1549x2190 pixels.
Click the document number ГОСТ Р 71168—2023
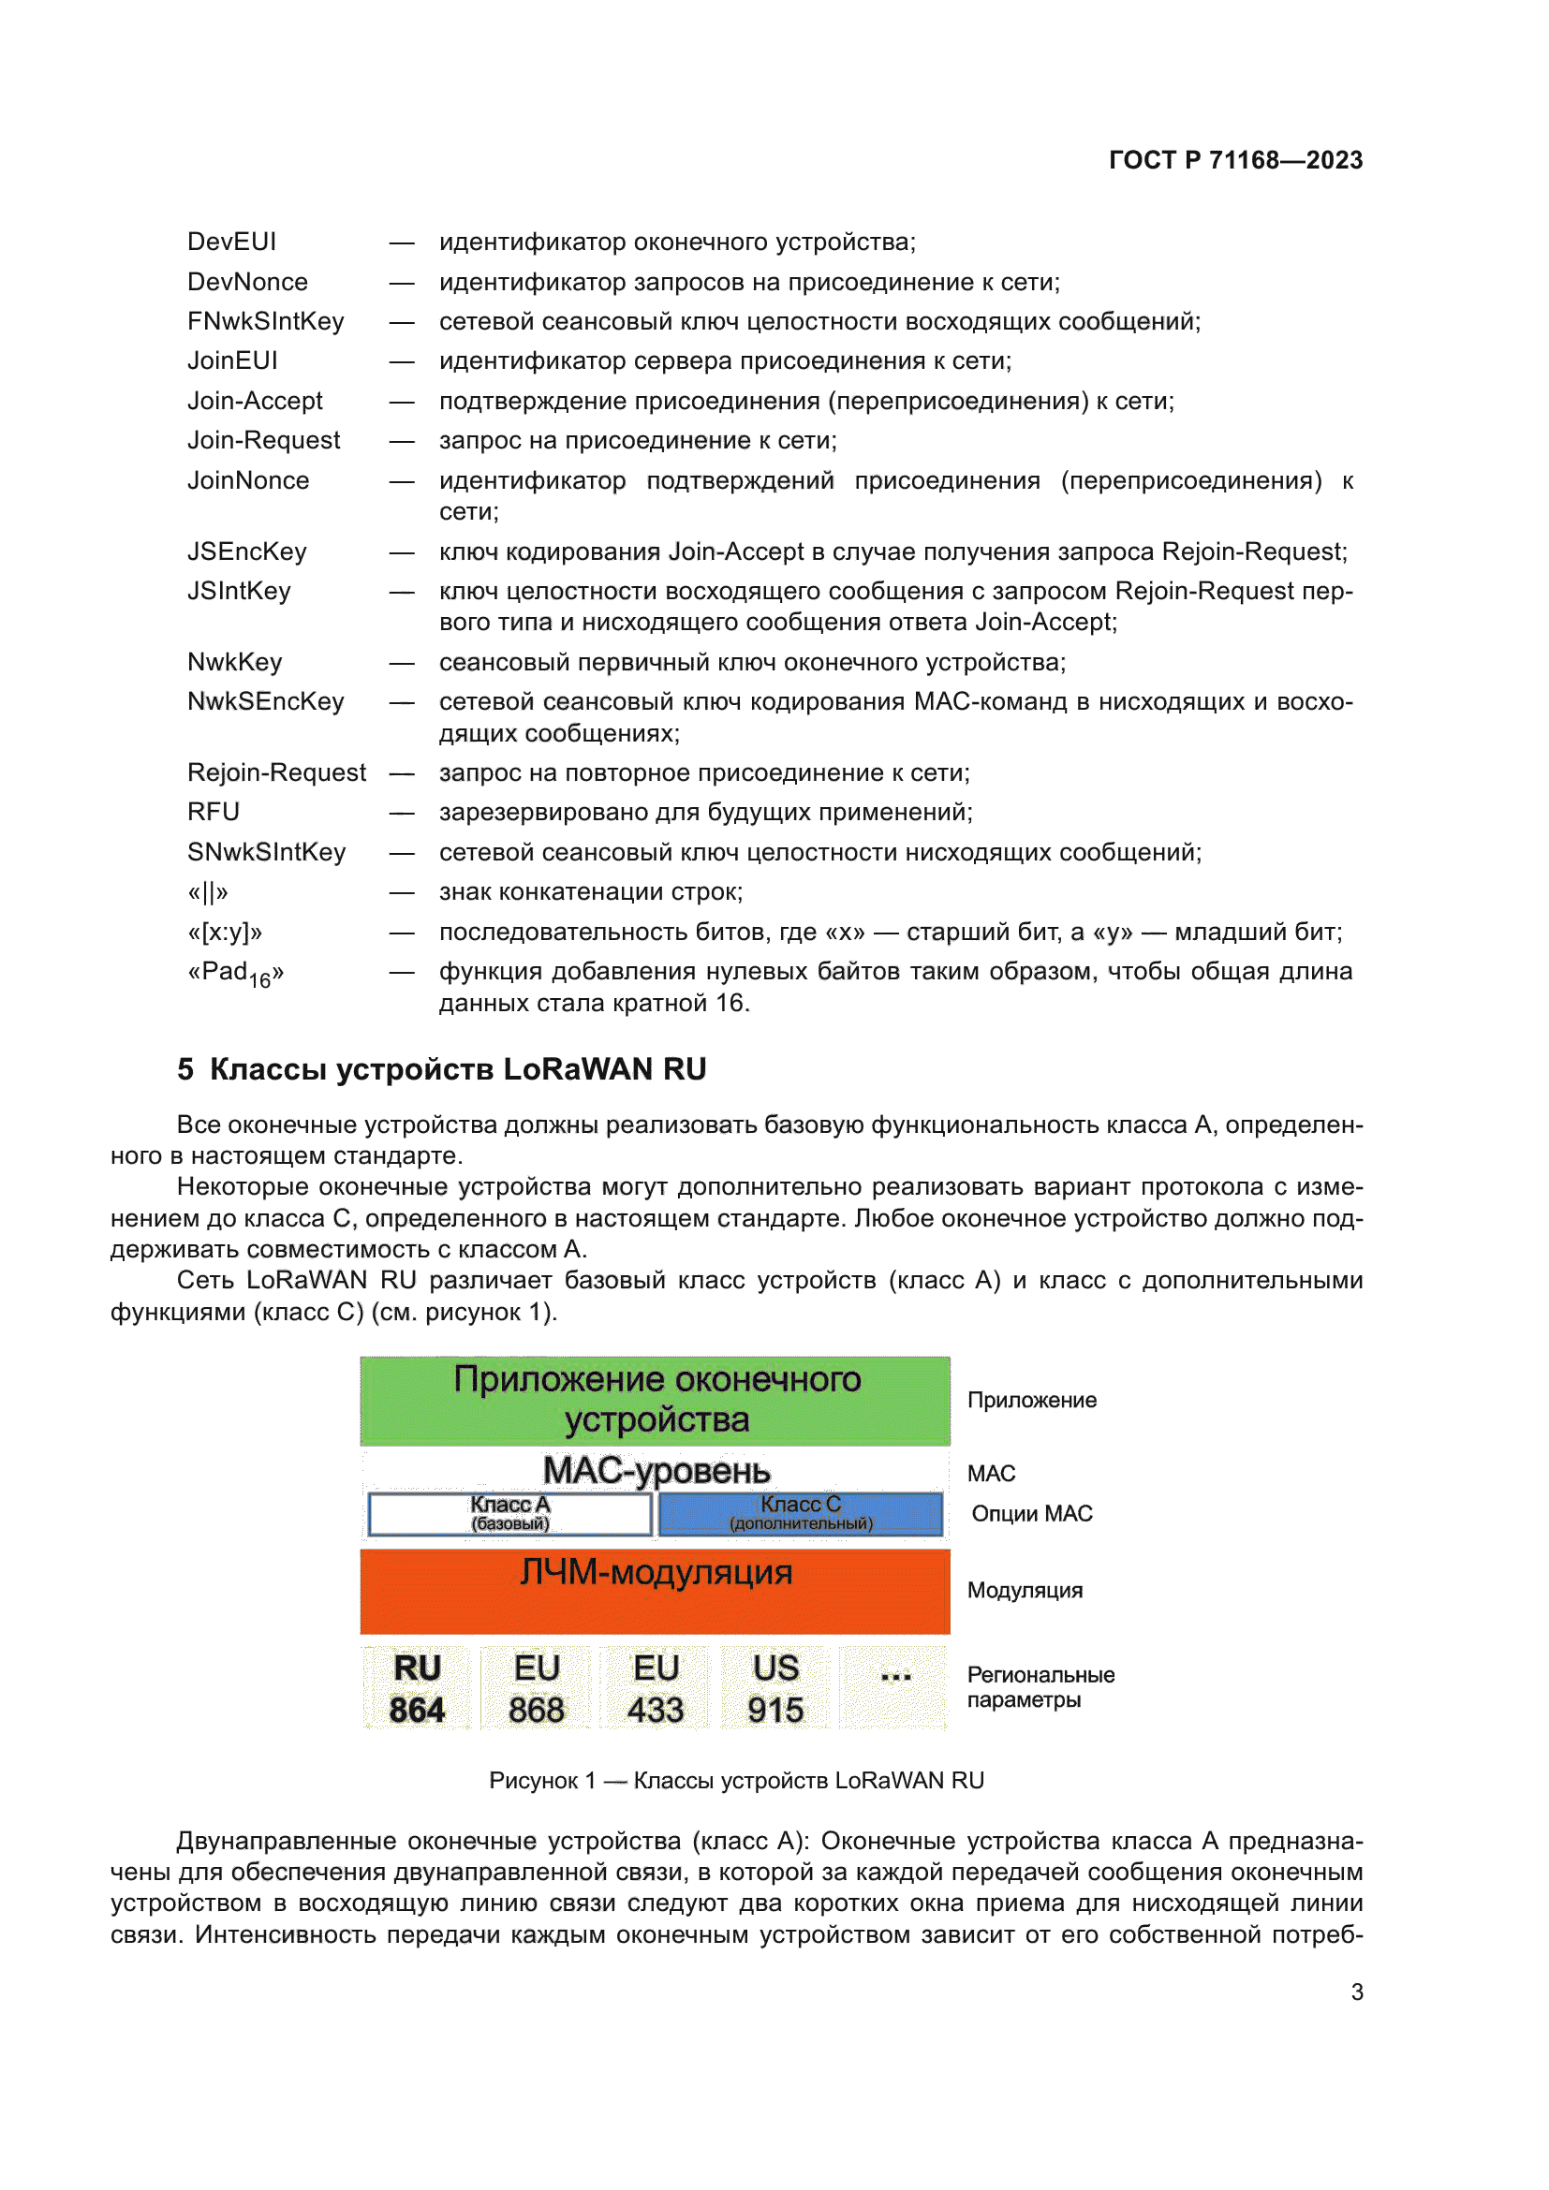(1234, 160)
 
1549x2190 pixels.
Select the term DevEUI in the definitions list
(231, 243)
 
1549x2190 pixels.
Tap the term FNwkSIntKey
(265, 321)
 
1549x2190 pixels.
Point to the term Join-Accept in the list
(255, 401)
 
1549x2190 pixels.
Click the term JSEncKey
(247, 551)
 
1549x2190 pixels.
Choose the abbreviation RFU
(214, 812)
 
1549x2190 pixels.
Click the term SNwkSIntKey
(266, 852)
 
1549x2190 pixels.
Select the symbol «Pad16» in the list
(236, 974)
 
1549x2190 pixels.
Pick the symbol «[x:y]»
(225, 932)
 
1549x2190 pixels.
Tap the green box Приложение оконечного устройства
(656, 1399)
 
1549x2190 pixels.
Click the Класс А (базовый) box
(510, 1513)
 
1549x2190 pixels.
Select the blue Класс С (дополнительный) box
(800, 1513)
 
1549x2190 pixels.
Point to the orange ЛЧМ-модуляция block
(656, 1591)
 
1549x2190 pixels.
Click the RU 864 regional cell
(417, 1687)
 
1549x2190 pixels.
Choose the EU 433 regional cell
(656, 1687)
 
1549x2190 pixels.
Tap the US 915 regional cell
(775, 1687)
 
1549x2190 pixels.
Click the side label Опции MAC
(1031, 1514)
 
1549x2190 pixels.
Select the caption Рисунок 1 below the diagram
(735, 1780)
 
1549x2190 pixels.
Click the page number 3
(1356, 1992)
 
